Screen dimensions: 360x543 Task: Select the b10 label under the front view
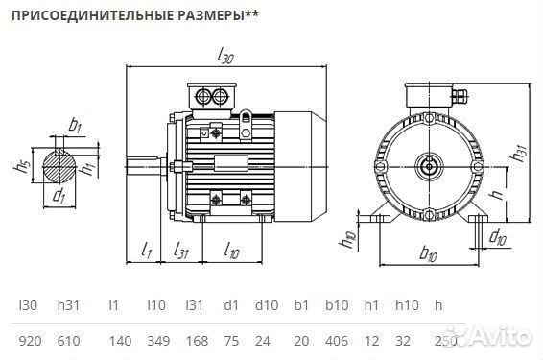429,254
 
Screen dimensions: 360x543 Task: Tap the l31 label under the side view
180,250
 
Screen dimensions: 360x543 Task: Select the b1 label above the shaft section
75,124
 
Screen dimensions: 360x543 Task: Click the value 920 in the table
29,340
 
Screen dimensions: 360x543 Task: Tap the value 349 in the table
158,340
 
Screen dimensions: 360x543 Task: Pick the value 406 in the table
336,340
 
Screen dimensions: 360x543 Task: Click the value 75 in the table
230,340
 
